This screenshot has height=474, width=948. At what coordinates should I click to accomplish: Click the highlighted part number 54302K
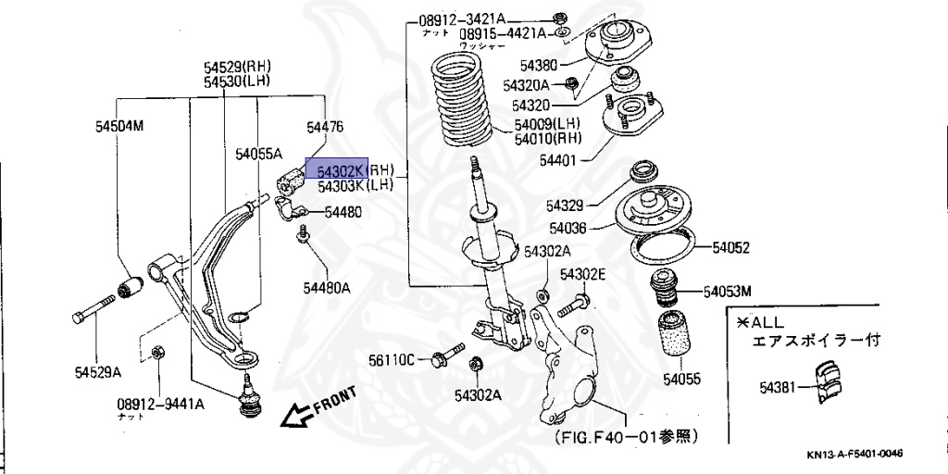click(x=342, y=171)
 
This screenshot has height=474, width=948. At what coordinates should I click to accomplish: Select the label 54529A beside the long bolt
click(x=98, y=373)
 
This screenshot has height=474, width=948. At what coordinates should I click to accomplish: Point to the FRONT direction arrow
click(x=319, y=407)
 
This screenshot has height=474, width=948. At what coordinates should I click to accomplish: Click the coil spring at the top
click(x=469, y=104)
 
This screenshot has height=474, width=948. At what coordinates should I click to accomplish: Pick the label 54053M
click(x=727, y=292)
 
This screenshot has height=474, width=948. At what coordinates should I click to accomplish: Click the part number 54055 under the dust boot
click(x=681, y=380)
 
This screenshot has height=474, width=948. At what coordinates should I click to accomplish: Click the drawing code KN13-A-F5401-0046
click(x=854, y=454)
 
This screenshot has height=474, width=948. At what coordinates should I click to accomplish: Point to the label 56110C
click(x=392, y=358)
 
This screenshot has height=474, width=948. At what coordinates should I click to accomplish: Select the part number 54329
click(x=566, y=205)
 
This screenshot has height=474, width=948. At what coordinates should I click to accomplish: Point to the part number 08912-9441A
click(x=160, y=404)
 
